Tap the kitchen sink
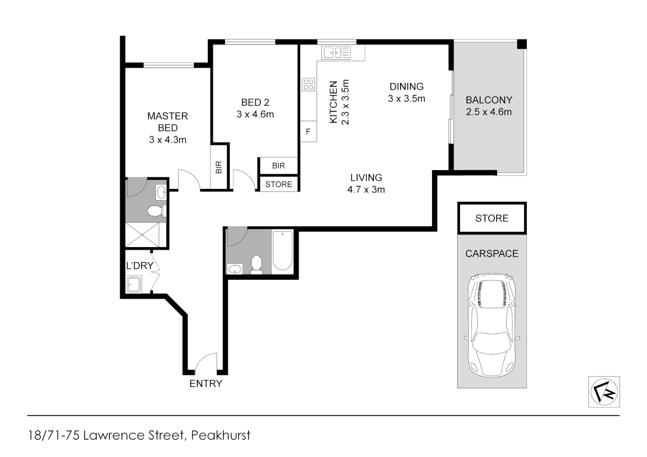coord(336,53)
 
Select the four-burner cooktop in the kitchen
coord(309,84)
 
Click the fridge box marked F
coord(309,131)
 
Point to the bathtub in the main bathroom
coord(282,251)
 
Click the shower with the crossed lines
coord(142,234)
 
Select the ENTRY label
coord(206,383)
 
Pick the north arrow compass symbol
coord(604,392)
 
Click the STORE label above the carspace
coord(492,218)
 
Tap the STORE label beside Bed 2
coord(279,184)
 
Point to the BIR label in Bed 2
coord(279,166)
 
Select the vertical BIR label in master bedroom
coord(218,167)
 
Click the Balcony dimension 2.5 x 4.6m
coord(489,112)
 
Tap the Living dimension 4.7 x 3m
coord(366,190)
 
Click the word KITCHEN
coord(333,102)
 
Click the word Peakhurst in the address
coord(221,435)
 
